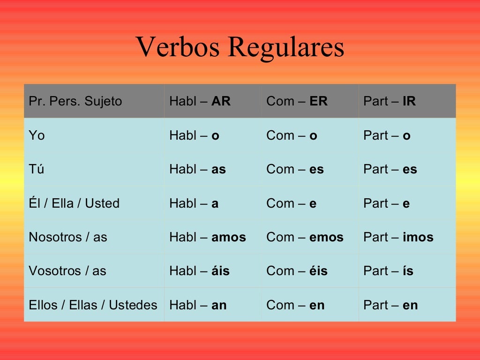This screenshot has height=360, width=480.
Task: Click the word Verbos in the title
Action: click(178, 47)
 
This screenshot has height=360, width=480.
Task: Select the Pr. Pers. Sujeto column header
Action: click(75, 101)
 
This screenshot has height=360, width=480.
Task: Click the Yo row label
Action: click(37, 135)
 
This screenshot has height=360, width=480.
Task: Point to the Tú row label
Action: click(37, 169)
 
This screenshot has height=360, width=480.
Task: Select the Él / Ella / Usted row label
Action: click(74, 202)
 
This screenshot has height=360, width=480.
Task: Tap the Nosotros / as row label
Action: click(68, 237)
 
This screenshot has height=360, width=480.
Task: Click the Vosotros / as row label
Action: click(67, 270)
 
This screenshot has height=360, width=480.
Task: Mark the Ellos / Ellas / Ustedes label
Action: click(93, 305)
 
